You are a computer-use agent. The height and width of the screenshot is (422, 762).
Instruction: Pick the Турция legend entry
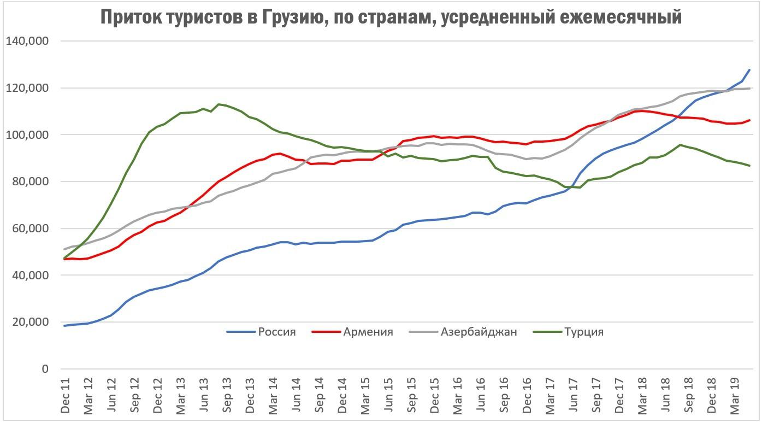(x=584, y=332)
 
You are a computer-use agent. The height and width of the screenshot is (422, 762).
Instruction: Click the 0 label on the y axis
(x=45, y=369)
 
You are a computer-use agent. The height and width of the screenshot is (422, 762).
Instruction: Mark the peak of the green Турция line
(x=218, y=104)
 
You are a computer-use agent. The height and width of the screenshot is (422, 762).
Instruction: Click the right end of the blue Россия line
(x=749, y=70)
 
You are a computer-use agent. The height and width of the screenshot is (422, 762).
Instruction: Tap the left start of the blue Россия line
(x=64, y=326)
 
